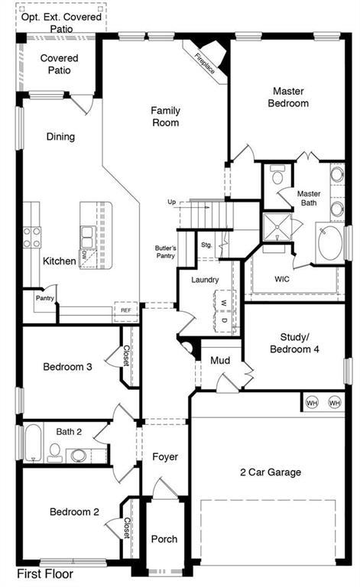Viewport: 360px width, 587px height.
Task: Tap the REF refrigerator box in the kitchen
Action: (x=125, y=310)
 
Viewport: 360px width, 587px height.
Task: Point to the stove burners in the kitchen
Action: (x=32, y=238)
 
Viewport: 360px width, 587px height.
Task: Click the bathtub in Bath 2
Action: (x=31, y=443)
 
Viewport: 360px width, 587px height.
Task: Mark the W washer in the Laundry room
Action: (x=224, y=302)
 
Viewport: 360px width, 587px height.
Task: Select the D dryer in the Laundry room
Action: (x=224, y=319)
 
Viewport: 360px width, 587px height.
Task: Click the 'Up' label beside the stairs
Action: (x=172, y=202)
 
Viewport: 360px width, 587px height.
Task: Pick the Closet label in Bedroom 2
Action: (x=127, y=527)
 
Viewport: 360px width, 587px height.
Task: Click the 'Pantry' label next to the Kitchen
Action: (x=44, y=298)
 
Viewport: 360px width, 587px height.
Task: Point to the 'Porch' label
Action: (x=164, y=539)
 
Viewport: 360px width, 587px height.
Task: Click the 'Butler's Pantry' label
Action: (x=166, y=252)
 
